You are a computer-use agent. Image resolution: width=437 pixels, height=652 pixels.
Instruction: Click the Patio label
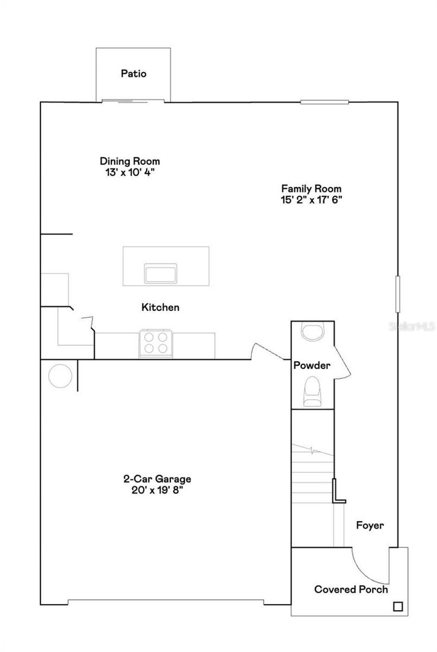(x=134, y=74)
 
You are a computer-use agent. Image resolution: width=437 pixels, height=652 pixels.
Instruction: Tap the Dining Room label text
(x=130, y=161)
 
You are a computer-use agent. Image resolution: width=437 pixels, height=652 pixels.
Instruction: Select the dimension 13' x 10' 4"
(x=130, y=172)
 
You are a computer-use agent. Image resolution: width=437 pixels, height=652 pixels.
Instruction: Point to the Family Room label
(x=311, y=189)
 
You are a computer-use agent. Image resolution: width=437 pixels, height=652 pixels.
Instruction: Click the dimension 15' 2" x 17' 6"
(x=311, y=200)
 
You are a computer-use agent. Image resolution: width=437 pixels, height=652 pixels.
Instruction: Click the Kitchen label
(x=160, y=307)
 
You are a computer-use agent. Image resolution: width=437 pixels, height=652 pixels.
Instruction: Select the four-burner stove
(x=156, y=343)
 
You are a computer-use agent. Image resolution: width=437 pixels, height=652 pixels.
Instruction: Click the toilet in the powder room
(x=312, y=392)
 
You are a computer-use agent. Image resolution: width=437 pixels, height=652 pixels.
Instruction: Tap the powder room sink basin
(x=312, y=330)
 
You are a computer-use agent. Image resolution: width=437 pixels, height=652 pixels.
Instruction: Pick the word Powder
(x=312, y=365)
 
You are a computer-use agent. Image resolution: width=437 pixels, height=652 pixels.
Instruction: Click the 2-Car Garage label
(x=157, y=479)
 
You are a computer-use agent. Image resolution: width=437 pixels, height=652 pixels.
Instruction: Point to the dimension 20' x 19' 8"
(x=157, y=490)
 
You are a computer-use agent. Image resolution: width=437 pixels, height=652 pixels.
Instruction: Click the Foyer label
(x=370, y=525)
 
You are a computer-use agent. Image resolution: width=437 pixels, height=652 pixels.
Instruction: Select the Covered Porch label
(x=351, y=589)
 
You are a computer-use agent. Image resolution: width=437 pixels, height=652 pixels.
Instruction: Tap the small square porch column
(x=398, y=606)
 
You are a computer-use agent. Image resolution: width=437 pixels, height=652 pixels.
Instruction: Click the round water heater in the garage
(x=61, y=376)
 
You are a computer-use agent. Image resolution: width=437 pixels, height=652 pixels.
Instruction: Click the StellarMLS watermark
(x=412, y=327)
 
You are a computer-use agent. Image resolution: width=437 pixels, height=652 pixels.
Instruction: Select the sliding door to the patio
(x=133, y=101)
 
